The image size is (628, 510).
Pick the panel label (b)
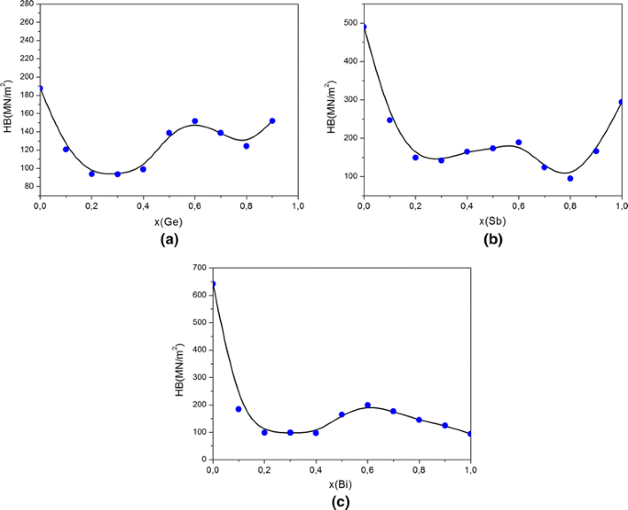click(492, 239)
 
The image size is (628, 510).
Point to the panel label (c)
click(341, 500)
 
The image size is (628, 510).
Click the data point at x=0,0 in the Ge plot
click(40, 88)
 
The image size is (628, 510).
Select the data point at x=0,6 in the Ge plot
click(194, 121)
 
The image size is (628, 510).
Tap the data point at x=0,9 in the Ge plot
click(272, 121)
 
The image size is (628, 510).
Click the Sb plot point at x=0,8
click(570, 178)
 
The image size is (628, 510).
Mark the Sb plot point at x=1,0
click(622, 102)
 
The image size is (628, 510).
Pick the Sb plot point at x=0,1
click(390, 120)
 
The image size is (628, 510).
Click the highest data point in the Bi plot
click(214, 284)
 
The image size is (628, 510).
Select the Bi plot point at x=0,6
click(368, 405)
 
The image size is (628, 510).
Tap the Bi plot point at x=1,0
click(470, 434)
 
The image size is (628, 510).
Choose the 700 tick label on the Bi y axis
click(198, 268)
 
